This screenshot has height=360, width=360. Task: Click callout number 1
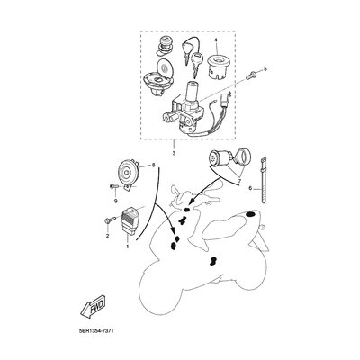(127, 247)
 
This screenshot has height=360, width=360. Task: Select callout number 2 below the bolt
(108, 236)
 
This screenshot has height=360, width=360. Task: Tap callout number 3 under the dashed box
(174, 154)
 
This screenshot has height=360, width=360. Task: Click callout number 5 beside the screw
(265, 69)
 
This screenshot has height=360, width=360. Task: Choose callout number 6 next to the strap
(250, 188)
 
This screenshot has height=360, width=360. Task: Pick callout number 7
(239, 182)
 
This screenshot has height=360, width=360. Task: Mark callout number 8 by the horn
(153, 165)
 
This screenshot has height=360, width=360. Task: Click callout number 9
(115, 201)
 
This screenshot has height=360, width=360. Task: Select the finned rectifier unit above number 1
(129, 221)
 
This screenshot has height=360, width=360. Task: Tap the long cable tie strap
(264, 180)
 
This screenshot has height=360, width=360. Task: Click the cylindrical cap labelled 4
(218, 67)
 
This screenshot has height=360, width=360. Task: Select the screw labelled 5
(250, 75)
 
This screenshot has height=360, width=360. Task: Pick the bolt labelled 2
(110, 220)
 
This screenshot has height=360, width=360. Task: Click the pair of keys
(191, 56)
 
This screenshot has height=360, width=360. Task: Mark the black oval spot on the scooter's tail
(250, 214)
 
